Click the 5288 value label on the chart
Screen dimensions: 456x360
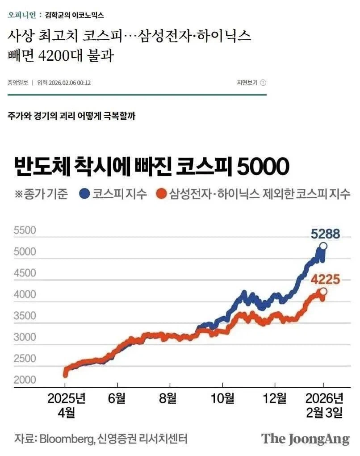[x=326, y=234]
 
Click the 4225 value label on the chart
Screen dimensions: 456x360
[x=326, y=280]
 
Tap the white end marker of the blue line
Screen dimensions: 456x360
[x=323, y=246]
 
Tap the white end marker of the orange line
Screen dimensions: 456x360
[x=323, y=292]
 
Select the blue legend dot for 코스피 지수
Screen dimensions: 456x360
[x=84, y=194]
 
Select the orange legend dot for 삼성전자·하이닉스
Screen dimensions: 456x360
[x=161, y=194]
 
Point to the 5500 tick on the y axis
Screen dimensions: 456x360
[x=25, y=231]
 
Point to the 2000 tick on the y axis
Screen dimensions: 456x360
[x=25, y=380]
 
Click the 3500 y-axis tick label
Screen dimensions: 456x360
[x=25, y=316]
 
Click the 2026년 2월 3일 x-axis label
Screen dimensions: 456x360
[x=323, y=405]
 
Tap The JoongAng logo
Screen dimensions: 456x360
[x=305, y=439]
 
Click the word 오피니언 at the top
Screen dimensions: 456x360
[x=21, y=15]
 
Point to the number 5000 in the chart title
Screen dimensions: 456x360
[x=263, y=167]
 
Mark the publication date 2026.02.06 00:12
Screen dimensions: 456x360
[x=70, y=83]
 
